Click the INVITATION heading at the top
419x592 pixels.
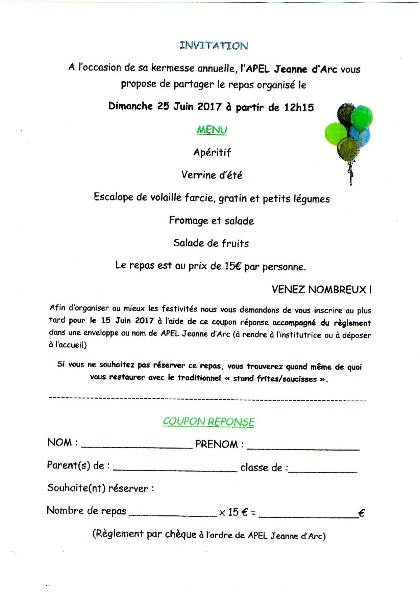pyautogui.click(x=214, y=46)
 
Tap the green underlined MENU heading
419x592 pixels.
pyautogui.click(x=212, y=130)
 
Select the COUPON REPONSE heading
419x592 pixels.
pyautogui.click(x=208, y=422)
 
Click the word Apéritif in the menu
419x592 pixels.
pyautogui.click(x=212, y=153)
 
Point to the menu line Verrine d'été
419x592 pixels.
pyautogui.click(x=212, y=175)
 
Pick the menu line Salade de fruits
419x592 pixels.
pyautogui.click(x=211, y=243)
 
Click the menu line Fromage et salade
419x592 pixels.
pyautogui.click(x=211, y=221)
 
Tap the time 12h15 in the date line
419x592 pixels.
pyautogui.click(x=299, y=107)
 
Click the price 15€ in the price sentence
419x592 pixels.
pyautogui.click(x=233, y=266)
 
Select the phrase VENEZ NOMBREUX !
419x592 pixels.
pyautogui.click(x=322, y=290)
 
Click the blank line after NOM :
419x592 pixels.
pyautogui.click(x=137, y=447)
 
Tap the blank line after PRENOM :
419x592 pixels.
pyautogui.click(x=303, y=448)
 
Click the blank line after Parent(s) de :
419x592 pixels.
pyautogui.click(x=175, y=469)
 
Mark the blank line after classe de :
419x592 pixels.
pyautogui.click(x=323, y=470)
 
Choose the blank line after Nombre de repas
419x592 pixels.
pyautogui.click(x=173, y=514)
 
